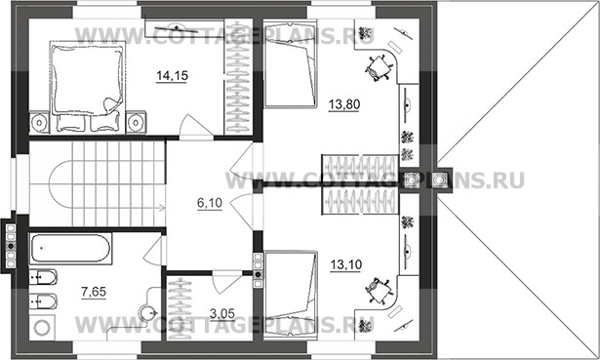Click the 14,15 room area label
pos(172,76)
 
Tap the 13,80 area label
pos(344,104)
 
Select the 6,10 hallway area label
pos(210,203)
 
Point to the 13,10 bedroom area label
pos(346,264)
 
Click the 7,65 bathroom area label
pos(94,292)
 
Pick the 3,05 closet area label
pos(222,314)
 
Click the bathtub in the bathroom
pos(70,248)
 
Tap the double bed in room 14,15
pos(88,87)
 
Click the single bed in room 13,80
pos(291,64)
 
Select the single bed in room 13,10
pos(291,295)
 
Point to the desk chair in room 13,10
pos(379,291)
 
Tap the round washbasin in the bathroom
pos(147,313)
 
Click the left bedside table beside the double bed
pos(39,122)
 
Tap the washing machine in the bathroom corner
pos(42,328)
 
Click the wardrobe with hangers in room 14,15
pos(238,76)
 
